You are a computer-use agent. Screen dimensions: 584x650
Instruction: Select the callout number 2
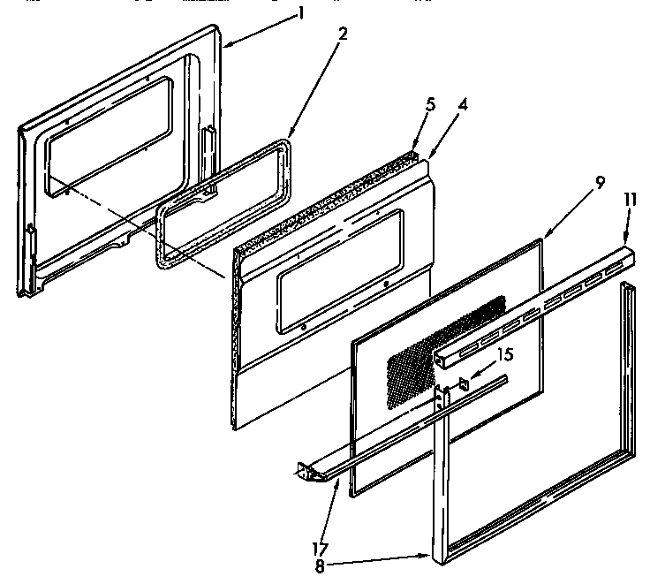pyautogui.click(x=343, y=35)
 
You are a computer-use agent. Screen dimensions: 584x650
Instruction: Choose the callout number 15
pyautogui.click(x=504, y=354)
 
